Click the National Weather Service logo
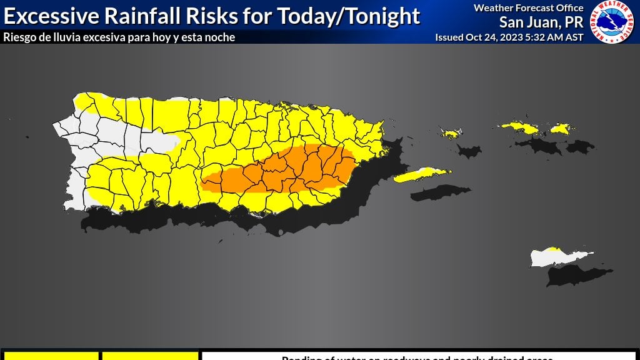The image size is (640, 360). [x=613, y=22]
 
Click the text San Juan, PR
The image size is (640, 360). [x=541, y=22]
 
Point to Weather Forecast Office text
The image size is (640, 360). [x=528, y=8]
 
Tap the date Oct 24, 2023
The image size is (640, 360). [x=491, y=37]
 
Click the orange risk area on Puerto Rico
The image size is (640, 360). [x=294, y=169]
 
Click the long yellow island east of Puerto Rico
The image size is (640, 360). [x=421, y=174]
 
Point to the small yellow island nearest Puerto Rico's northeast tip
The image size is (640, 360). [x=450, y=133]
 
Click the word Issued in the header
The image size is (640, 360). [x=449, y=37]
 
